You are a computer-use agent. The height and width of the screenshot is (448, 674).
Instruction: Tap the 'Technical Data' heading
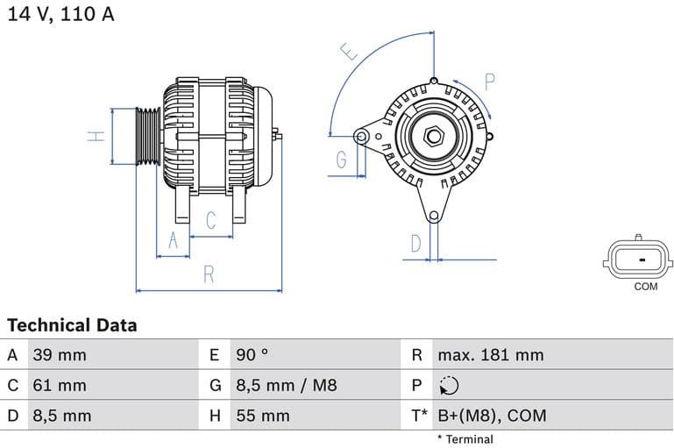coord(72,325)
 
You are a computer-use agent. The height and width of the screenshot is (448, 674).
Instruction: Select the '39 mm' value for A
coord(60,355)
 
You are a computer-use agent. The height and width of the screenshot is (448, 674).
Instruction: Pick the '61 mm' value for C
coord(60,385)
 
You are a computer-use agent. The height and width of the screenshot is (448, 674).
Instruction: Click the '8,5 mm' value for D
coord(61,416)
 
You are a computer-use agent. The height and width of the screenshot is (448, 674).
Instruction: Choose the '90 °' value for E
coord(252,355)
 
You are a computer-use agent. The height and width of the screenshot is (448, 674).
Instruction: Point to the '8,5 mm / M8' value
coord(286,385)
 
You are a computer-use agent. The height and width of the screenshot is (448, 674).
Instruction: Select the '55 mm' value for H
coord(262,416)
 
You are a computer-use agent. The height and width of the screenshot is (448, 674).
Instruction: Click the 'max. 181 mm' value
coord(491,355)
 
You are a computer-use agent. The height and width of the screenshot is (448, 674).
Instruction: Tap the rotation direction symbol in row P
coord(448,386)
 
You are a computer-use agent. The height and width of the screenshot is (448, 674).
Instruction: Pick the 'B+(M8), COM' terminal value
coord(492,416)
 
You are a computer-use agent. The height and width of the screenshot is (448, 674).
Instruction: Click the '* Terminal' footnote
coord(465,438)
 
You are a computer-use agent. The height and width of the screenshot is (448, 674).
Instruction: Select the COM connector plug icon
coord(639,259)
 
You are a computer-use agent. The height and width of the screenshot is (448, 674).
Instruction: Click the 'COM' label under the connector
coord(645,287)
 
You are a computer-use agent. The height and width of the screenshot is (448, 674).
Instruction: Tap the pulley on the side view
coord(149,136)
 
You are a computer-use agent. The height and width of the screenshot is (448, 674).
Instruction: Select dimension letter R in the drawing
coord(209,274)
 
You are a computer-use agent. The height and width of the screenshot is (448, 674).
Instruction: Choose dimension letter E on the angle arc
coord(349,53)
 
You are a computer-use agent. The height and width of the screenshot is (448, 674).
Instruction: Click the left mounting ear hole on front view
coord(361,136)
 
